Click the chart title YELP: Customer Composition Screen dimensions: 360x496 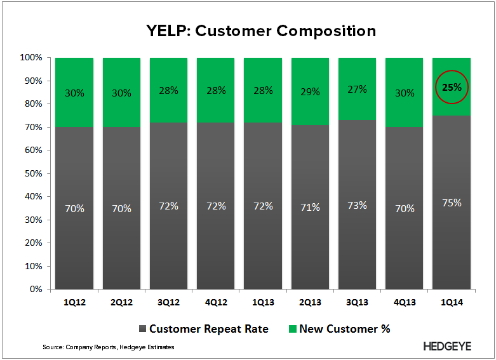coord(248,30)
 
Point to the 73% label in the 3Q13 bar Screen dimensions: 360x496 coord(357,205)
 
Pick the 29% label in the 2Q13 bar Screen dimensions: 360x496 coord(310,93)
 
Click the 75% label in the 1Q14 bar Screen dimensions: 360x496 coord(452,203)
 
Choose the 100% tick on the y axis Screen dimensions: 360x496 coord(31,58)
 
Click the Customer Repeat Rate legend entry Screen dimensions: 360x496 coord(202,328)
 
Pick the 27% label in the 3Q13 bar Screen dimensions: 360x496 coord(357,90)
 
